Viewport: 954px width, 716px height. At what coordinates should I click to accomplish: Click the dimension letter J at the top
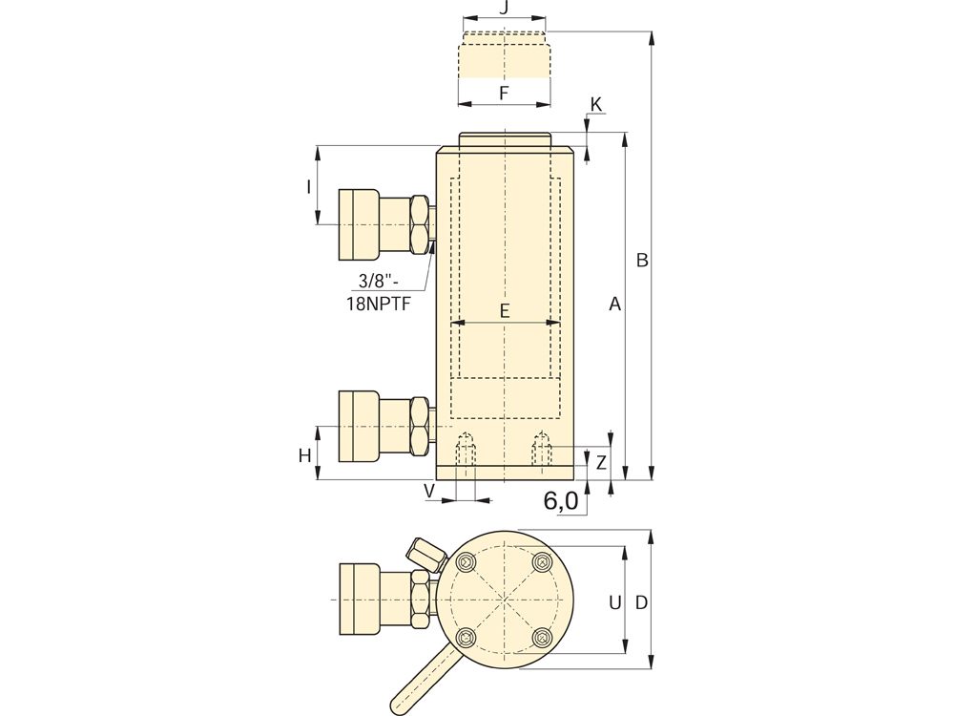(503, 10)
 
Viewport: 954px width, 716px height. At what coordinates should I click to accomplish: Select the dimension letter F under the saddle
(504, 94)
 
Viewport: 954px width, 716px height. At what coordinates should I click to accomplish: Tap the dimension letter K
(595, 105)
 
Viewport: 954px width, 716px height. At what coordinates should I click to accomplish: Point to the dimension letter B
(642, 260)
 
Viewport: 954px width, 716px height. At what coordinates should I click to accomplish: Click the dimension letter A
(615, 304)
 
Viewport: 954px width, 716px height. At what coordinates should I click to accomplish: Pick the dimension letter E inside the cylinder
(505, 311)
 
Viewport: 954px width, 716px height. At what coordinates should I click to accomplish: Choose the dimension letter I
(308, 186)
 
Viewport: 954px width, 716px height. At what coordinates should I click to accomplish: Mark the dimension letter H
(305, 455)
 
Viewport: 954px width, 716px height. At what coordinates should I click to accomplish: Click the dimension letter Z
(601, 463)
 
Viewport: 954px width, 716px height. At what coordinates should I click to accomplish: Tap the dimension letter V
(430, 491)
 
